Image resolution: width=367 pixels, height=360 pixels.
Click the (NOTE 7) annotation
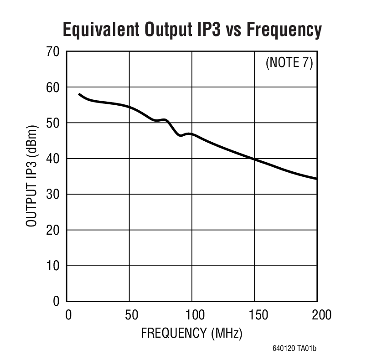point(289,63)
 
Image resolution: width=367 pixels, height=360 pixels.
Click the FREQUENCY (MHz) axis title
point(191,333)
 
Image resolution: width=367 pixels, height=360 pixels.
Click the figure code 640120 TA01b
point(295,349)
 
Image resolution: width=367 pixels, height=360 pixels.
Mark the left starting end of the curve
point(79,94)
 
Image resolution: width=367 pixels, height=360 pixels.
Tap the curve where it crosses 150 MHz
point(254,159)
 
